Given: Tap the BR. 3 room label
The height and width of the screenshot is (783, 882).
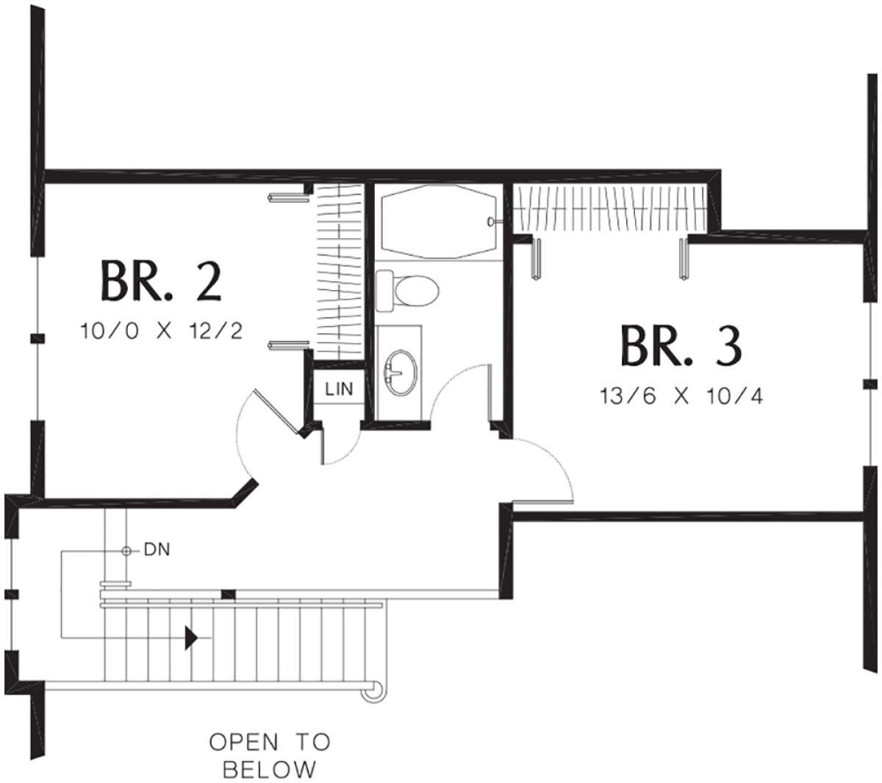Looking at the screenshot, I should [681, 345].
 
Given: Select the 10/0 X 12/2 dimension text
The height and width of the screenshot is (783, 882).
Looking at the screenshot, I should [162, 331].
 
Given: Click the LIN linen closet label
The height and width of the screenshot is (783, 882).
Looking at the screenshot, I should [339, 389].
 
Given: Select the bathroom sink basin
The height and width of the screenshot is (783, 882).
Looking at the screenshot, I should [400, 371].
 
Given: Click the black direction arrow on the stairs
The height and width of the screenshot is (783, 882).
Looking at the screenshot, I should [191, 637].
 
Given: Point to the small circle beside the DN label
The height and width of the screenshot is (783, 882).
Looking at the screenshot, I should [126, 550].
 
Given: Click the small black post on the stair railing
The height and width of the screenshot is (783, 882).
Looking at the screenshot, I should [229, 593].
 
